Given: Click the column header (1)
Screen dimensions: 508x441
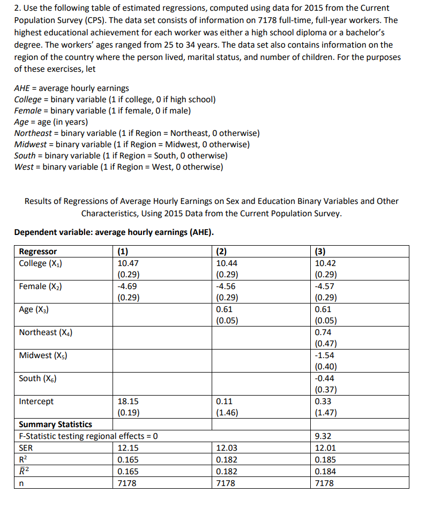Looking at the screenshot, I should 123,252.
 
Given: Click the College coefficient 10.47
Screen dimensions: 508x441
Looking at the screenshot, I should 128,263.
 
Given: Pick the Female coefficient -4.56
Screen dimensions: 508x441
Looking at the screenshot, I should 225,286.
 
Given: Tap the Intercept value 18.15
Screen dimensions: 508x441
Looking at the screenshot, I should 128,401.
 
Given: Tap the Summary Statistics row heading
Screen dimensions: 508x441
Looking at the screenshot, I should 55,424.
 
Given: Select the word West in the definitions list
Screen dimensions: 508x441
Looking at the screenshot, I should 23,167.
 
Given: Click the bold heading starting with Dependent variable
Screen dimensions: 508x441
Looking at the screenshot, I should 114,232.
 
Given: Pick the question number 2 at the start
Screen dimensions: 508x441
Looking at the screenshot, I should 17,9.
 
